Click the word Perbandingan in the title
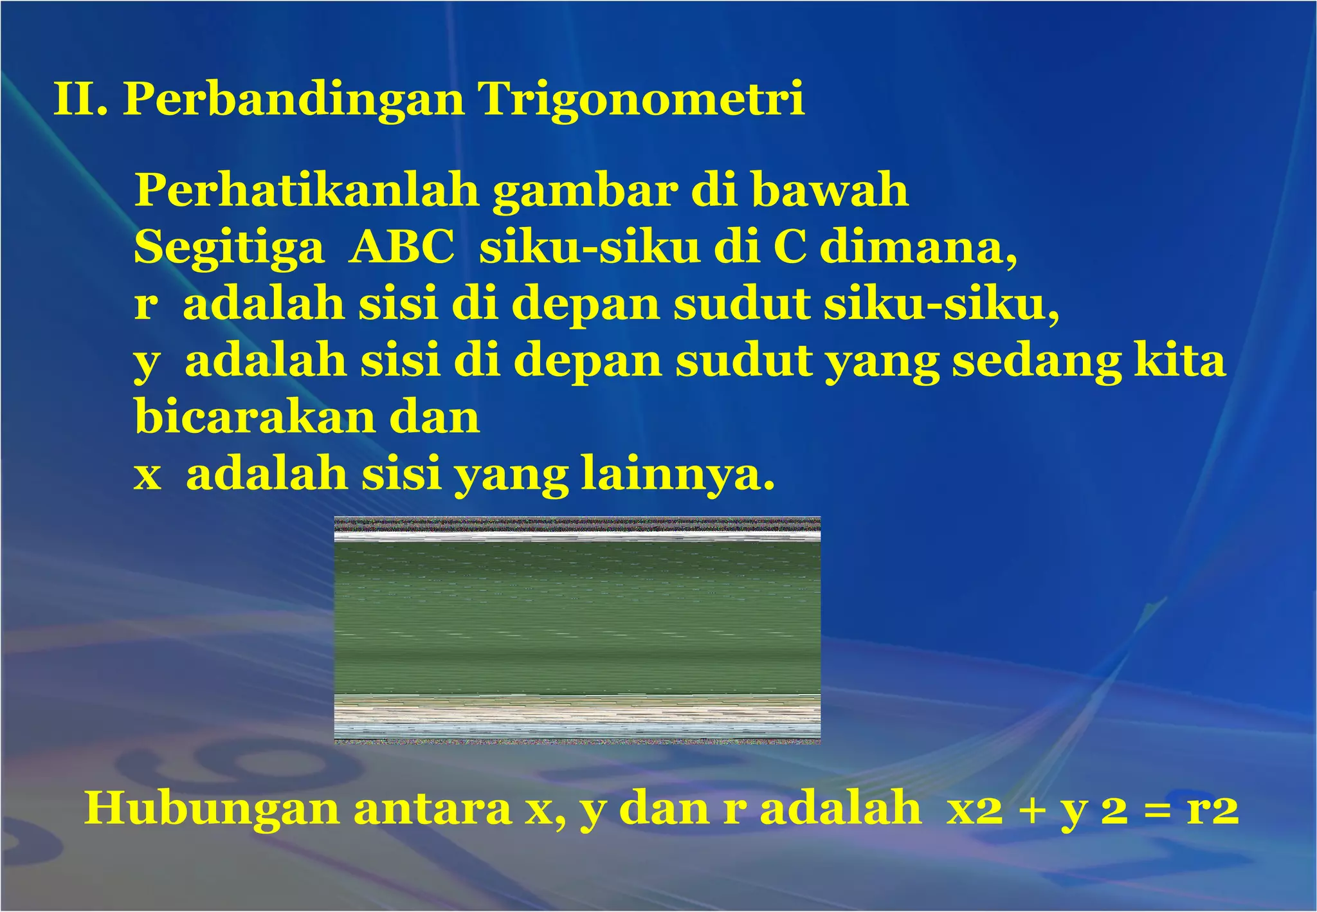pos(293,100)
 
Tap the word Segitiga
pos(229,248)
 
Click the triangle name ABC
pos(402,247)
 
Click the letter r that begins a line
pos(145,304)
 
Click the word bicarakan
pos(255,417)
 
